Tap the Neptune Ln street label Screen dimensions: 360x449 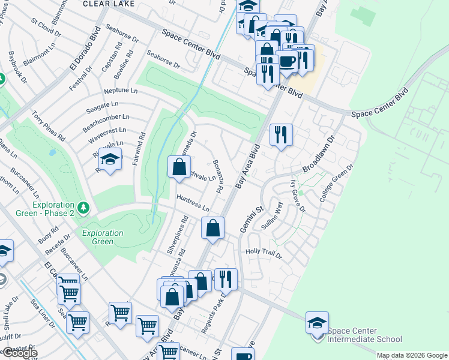click(121, 91)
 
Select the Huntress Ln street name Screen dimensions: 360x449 click(192, 203)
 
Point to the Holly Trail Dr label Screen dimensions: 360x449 click(264, 253)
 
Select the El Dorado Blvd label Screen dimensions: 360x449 click(82, 55)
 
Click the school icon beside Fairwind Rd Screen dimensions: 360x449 click(110, 160)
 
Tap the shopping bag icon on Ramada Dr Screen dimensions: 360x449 click(179, 167)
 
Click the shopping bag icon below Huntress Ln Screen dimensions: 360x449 click(212, 229)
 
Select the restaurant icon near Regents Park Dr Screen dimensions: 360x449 click(226, 279)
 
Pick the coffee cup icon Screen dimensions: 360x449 click(288, 61)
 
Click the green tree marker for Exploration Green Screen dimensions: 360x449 click(84, 208)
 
